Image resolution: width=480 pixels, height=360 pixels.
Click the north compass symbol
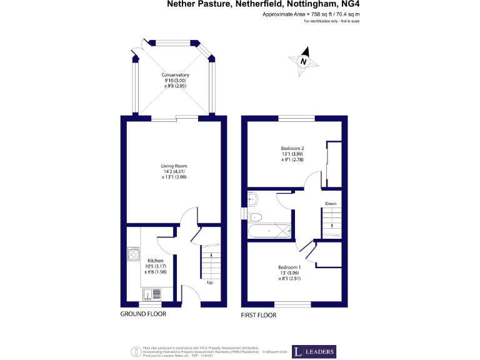tap(303, 61)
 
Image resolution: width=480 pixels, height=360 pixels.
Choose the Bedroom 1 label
tap(289, 272)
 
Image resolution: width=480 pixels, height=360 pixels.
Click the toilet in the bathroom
tap(254, 216)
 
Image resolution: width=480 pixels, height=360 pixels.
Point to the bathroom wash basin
tap(252, 199)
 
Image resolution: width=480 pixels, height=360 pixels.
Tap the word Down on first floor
tap(331, 204)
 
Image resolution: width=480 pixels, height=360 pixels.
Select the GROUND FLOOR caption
tap(143, 314)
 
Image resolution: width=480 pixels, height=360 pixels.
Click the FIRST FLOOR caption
tap(259, 315)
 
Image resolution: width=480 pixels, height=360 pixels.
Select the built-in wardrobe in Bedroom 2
tap(334, 164)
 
